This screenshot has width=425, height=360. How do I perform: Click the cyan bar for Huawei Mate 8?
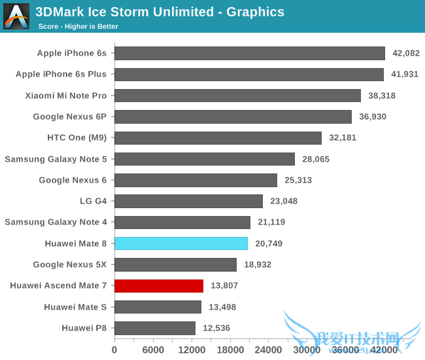coord(181,243)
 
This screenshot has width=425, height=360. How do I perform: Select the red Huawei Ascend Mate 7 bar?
coord(159,286)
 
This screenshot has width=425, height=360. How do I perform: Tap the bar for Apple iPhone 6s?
coord(250,53)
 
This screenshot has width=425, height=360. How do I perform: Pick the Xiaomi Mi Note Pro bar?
coord(237,96)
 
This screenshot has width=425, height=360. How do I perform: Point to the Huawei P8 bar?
coord(155,328)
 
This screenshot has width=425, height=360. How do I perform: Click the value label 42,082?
coord(405,53)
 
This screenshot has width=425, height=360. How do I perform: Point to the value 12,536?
coord(216,328)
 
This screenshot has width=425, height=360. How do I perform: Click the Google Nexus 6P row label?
coord(70,117)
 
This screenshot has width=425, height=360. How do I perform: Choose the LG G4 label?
coord(93,201)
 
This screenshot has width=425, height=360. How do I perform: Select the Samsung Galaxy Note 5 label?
coord(56,159)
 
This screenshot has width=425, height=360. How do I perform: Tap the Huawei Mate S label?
coord(75,307)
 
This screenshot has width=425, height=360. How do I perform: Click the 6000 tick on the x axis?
coord(153,350)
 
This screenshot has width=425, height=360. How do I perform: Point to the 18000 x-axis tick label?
coord(230,350)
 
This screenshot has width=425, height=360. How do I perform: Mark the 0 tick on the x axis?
coord(114,350)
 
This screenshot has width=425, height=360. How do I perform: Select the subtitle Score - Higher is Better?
coord(78,26)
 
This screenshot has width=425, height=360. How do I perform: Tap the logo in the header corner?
coord(16,16)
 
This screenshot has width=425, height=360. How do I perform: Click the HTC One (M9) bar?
coord(218,137)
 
